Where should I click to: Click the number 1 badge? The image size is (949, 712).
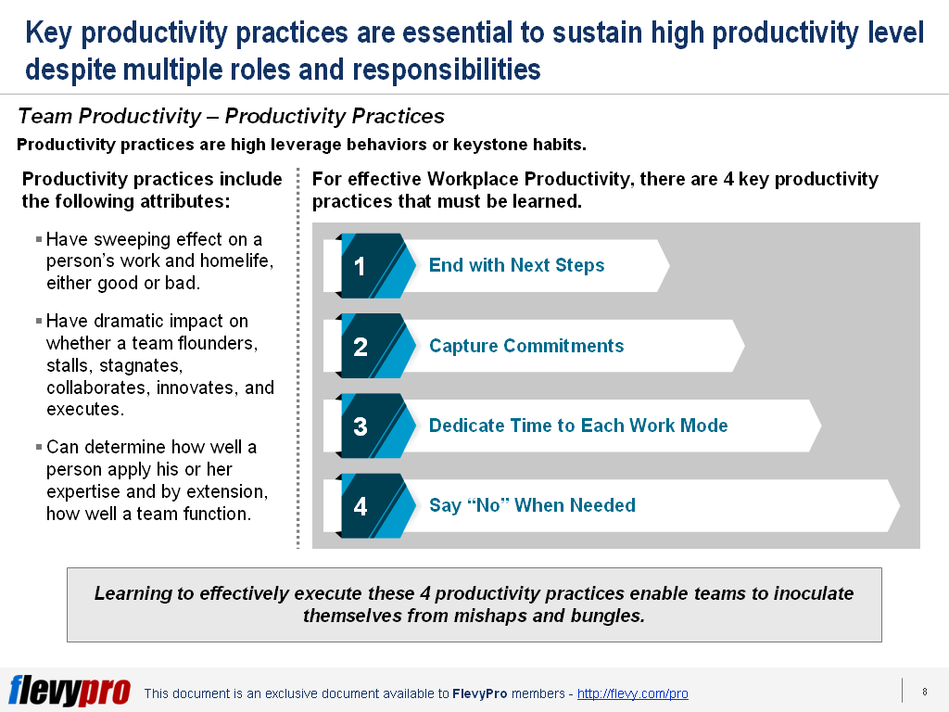tap(361, 266)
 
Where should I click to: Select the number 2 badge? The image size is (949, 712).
tap(361, 347)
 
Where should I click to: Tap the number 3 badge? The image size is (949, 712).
tap(361, 426)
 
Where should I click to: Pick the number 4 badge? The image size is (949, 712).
tap(361, 506)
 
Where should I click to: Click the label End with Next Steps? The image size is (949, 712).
tap(516, 266)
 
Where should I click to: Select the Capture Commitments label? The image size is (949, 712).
tap(526, 347)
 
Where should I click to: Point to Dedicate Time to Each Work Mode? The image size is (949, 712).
tap(578, 426)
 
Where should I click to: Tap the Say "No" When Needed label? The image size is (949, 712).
tap(532, 506)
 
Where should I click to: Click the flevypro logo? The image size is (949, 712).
tap(70, 691)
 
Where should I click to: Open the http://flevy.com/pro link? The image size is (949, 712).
tap(633, 693)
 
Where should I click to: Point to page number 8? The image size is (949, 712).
tap(925, 691)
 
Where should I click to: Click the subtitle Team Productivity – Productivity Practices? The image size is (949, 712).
tap(231, 117)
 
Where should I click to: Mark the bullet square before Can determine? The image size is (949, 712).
tap(39, 447)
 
